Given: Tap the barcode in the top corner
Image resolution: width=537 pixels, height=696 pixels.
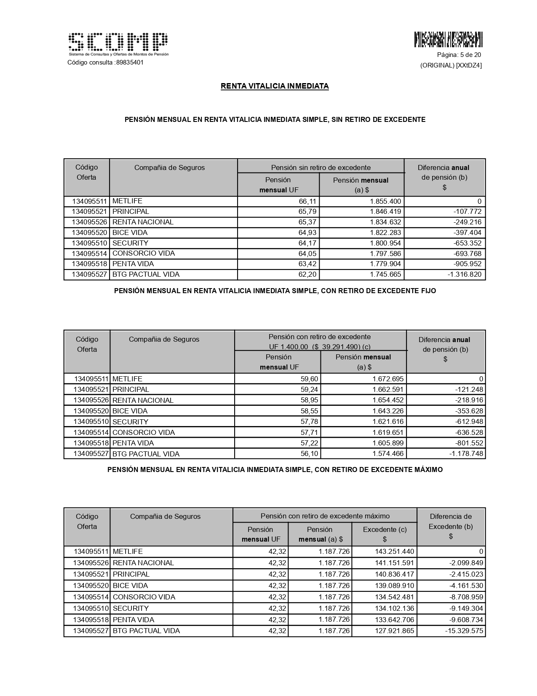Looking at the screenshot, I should [x=448, y=39].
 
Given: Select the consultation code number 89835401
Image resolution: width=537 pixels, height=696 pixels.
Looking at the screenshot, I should [x=130, y=62].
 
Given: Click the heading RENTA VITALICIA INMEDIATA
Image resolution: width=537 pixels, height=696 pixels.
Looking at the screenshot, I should [x=275, y=86].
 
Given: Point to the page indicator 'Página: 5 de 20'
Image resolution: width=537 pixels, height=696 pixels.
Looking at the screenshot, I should [x=459, y=55].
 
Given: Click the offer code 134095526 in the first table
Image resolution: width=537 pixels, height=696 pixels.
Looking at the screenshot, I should [x=89, y=222].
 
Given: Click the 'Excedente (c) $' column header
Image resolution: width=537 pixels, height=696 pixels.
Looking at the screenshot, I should [x=385, y=534].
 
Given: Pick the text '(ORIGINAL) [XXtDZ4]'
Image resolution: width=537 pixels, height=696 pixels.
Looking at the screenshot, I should [x=451, y=65].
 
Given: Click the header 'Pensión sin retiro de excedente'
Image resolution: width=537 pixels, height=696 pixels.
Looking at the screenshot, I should [x=321, y=167].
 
